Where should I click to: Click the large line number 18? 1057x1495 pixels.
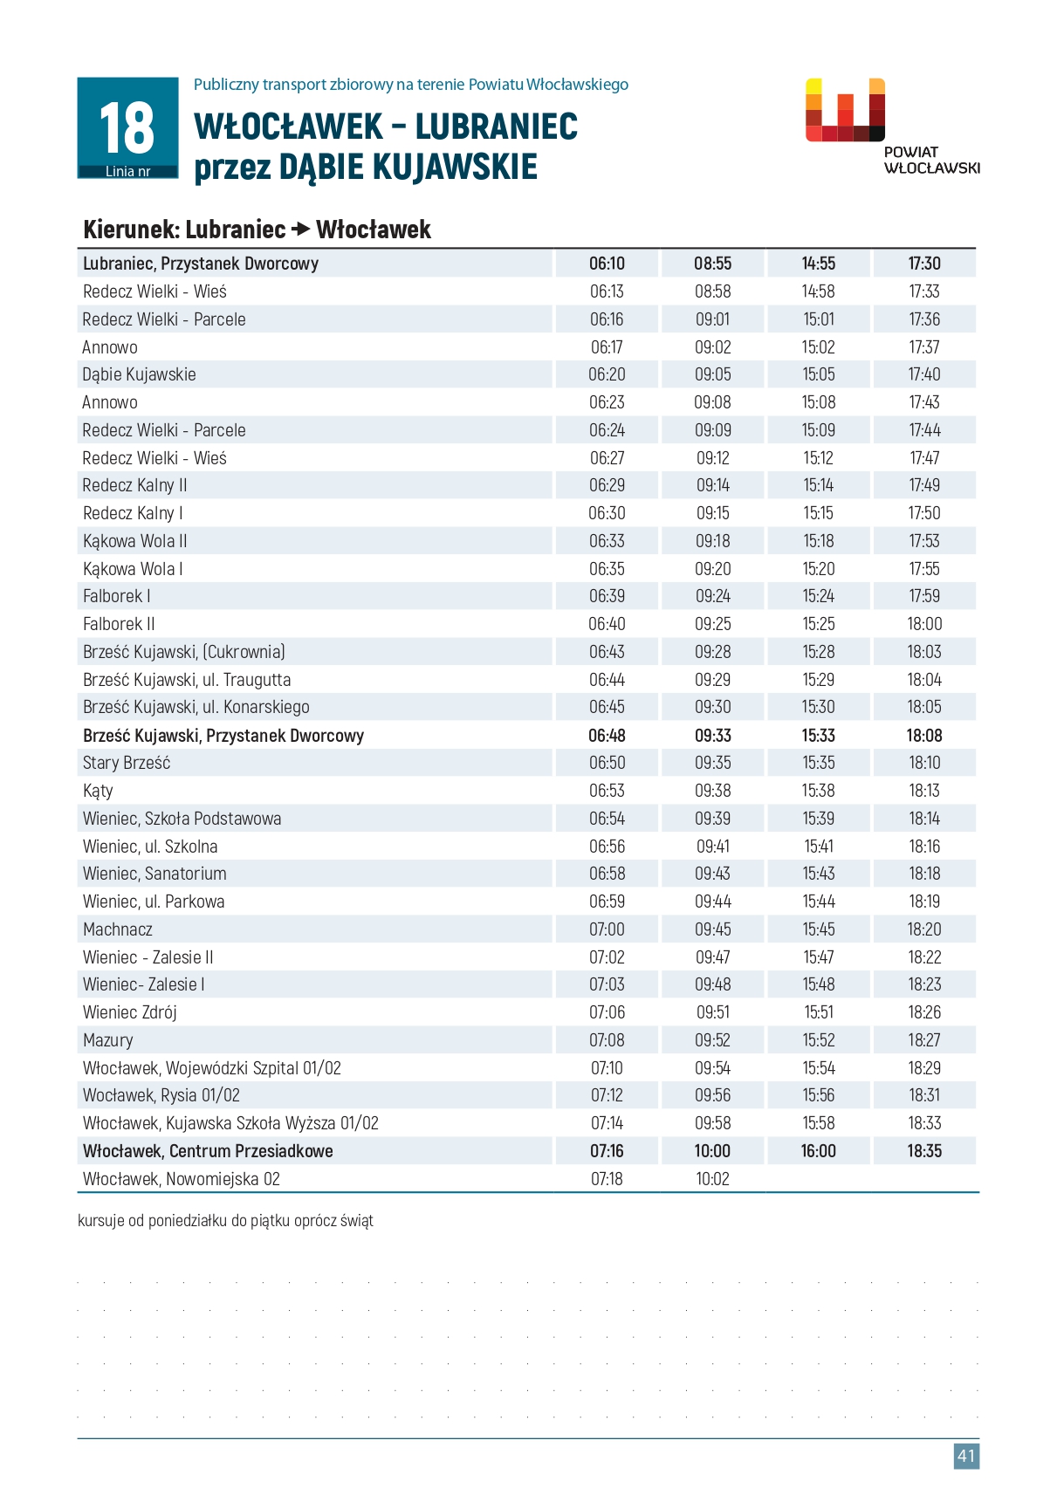[x=127, y=127]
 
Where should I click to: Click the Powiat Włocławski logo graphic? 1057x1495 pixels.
[x=845, y=110]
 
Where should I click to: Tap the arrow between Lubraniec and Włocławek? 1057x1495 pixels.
[x=300, y=230]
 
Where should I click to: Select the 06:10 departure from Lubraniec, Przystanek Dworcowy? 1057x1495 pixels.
[x=607, y=264]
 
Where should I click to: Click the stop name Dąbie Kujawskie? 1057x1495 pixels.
[x=139, y=374]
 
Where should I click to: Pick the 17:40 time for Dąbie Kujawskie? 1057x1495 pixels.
[x=924, y=374]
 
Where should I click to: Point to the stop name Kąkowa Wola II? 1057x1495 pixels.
[x=134, y=541]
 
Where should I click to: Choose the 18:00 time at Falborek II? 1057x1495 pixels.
[x=924, y=624]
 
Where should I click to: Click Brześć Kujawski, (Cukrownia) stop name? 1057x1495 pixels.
[x=184, y=652]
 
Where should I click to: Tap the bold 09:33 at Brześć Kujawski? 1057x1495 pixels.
[x=712, y=736]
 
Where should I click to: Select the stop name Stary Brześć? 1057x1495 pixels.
[x=127, y=763]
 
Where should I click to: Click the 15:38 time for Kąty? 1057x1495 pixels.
[x=819, y=791]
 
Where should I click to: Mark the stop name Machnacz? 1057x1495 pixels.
[x=118, y=929]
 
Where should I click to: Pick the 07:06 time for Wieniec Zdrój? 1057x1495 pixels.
[x=607, y=1012]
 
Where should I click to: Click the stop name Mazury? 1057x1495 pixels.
[x=108, y=1040]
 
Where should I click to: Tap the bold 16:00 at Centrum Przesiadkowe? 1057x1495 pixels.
[x=819, y=1151]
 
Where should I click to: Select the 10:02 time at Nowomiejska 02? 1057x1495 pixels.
[x=712, y=1179]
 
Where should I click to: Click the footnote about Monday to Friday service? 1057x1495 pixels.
[x=225, y=1221]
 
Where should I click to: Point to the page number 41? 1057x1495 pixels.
[x=966, y=1456]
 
